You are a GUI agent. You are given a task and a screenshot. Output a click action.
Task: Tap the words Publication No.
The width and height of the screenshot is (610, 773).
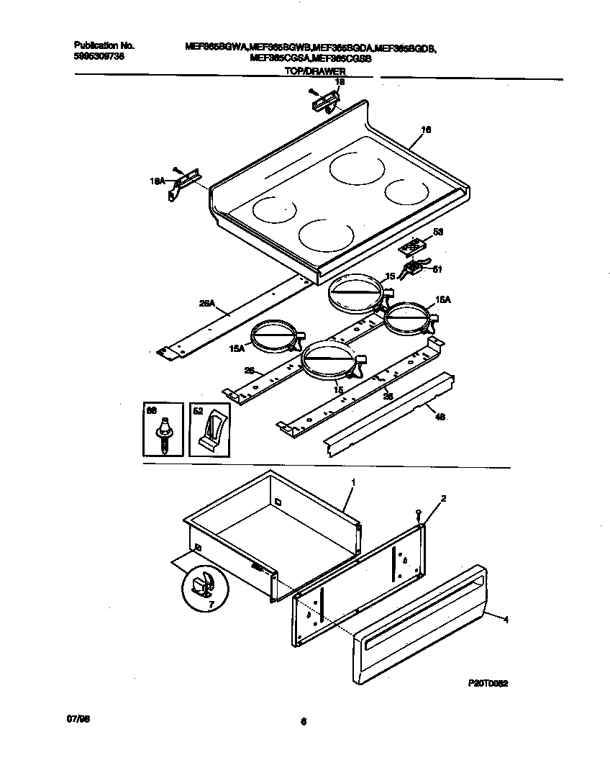(104, 45)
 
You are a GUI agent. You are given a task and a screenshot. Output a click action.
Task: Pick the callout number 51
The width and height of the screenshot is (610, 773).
(436, 270)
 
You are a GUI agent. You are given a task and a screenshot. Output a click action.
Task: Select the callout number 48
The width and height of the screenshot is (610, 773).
(440, 417)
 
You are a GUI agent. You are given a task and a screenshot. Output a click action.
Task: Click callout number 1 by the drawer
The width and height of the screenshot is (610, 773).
(352, 481)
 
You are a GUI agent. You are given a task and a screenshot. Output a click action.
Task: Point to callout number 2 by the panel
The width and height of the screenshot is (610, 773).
(443, 498)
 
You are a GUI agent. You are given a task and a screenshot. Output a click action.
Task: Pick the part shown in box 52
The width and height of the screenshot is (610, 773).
(212, 434)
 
